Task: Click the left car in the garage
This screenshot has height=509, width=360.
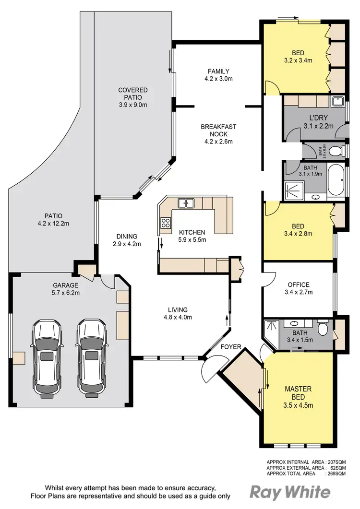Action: pos(47,359)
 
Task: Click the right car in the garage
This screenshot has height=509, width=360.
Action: pos(91,359)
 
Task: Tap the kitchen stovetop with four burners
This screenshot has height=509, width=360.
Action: pos(166,223)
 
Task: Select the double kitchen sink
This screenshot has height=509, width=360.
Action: pos(186,203)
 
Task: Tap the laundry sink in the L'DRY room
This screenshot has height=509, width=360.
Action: pos(337,101)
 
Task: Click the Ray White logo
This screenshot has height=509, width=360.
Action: pos(290,492)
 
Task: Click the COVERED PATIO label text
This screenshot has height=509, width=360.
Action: pos(133,94)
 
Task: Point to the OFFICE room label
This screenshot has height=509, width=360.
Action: pos(299,284)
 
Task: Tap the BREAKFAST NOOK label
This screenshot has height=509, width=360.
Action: pos(218,130)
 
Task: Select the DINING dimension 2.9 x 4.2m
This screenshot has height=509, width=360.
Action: pos(127,244)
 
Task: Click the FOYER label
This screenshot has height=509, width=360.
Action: pos(230,346)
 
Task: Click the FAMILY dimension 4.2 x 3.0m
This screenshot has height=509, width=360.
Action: pos(218,79)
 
